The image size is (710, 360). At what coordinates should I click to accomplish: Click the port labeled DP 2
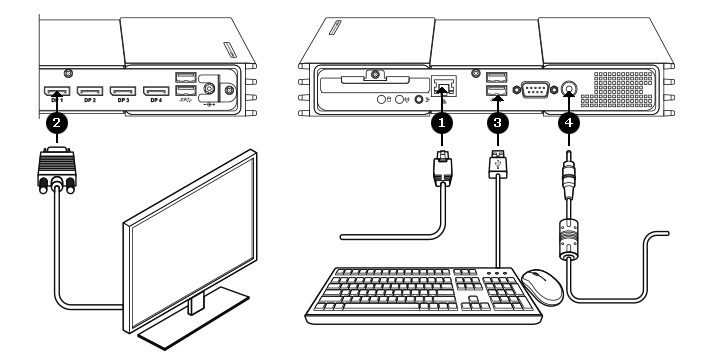(90, 89)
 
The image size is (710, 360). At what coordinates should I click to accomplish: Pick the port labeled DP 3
(123, 89)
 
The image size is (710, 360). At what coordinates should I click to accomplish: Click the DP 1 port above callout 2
(56, 89)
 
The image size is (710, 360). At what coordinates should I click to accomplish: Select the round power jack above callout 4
(569, 90)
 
